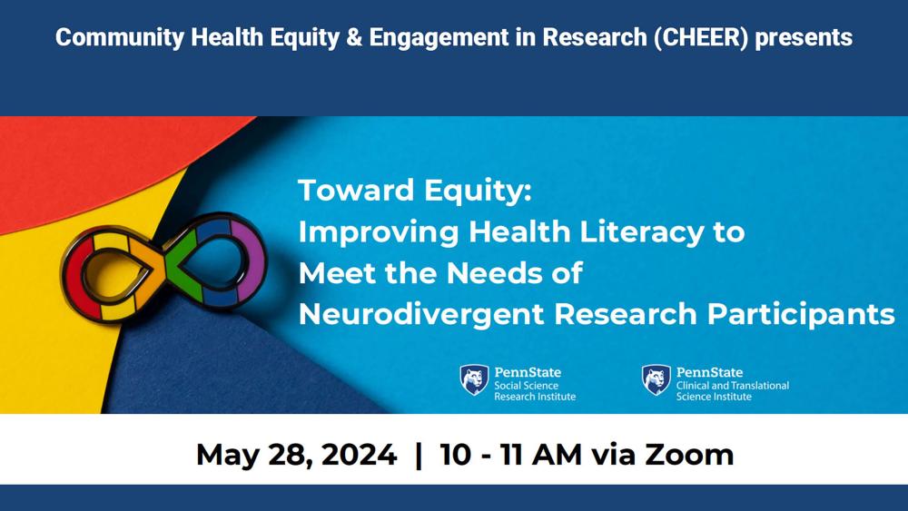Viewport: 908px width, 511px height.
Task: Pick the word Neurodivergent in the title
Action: coord(421,313)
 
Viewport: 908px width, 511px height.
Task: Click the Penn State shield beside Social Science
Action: coord(473,380)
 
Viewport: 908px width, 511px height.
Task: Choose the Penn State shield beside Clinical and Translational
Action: coord(656,380)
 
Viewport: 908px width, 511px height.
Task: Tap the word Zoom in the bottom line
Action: coord(689,454)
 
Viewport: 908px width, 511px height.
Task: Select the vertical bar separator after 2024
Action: coord(418,454)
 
